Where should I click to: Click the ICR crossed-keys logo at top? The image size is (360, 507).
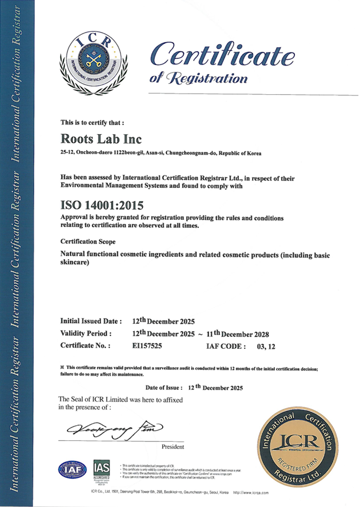pos(94,63)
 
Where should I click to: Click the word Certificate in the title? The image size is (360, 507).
pos(222,55)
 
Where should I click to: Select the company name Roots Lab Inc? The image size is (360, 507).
pos(101,139)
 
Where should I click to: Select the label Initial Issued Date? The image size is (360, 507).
pos(91,321)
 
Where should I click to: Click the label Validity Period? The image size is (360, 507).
pos(86,333)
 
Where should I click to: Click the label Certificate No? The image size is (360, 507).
pos(85,345)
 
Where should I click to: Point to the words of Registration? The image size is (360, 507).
pos(198,78)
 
